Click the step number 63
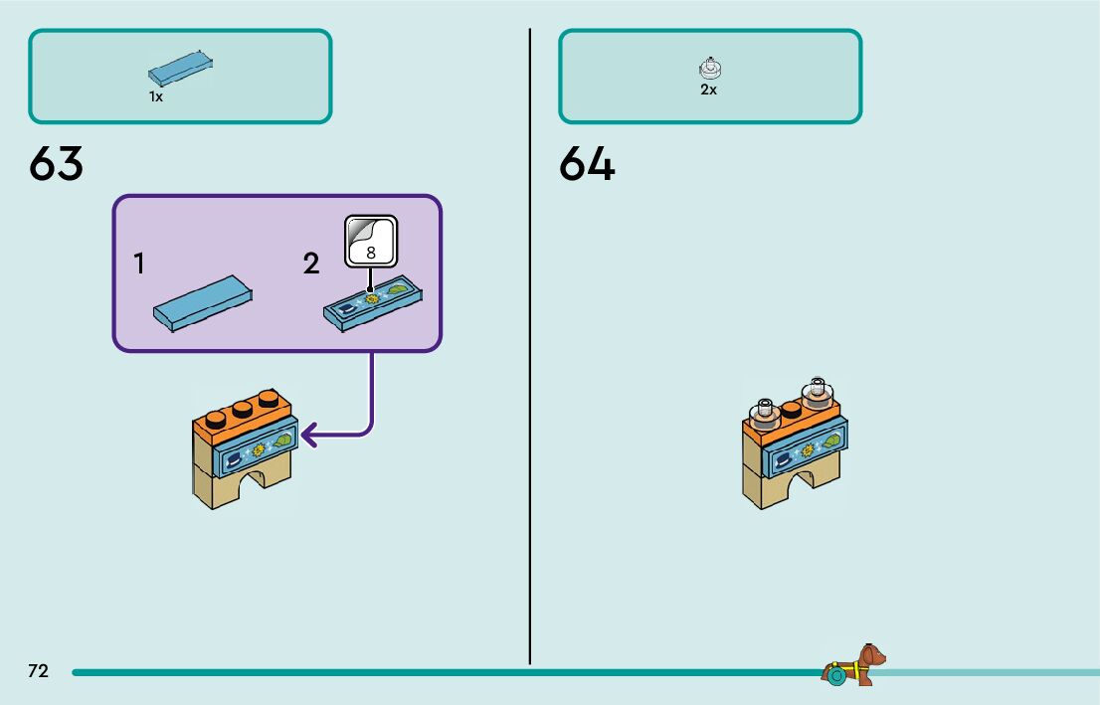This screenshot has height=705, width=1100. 57,164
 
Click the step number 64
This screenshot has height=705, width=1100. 587,164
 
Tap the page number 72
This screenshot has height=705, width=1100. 38,671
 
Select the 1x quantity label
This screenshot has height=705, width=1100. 156,97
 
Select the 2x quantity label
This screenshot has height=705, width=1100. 708,89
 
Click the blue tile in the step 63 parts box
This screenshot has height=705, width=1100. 181,69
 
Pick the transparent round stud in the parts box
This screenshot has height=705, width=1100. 710,68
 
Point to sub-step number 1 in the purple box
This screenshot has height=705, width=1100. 139,264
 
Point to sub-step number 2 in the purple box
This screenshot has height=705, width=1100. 311,264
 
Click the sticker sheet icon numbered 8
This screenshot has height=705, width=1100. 371,241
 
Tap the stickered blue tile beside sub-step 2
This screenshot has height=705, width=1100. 373,303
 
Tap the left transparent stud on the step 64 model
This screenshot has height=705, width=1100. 765,411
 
